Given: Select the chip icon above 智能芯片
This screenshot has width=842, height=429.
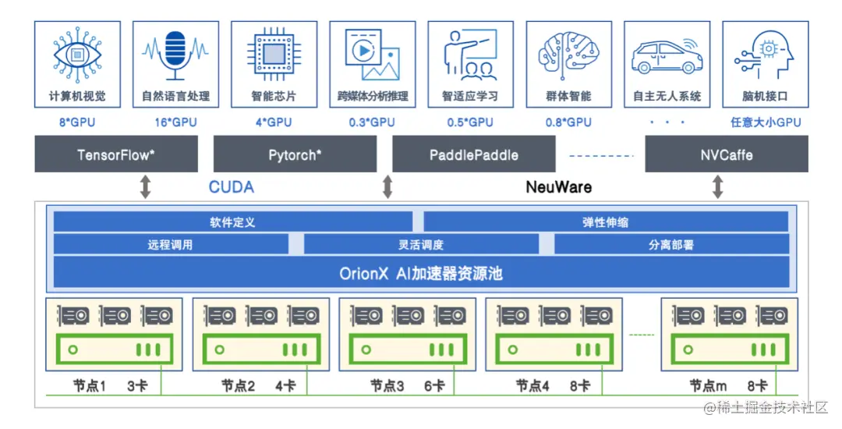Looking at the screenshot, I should [x=274, y=54].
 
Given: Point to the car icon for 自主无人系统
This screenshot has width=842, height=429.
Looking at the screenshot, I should [x=667, y=55].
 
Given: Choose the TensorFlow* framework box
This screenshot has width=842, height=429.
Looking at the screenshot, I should [x=116, y=154].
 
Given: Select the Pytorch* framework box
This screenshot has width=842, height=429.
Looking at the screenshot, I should [x=294, y=154].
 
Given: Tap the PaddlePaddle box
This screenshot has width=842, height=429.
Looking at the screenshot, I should [x=473, y=154].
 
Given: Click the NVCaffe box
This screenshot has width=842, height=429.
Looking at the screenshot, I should [x=726, y=154].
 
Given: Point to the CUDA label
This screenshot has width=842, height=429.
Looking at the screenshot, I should [x=231, y=187].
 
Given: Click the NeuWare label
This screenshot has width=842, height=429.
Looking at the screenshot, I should [x=558, y=187].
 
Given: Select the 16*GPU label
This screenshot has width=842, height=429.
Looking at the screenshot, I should [x=175, y=122].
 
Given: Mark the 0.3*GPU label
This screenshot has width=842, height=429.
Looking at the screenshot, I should [x=372, y=122].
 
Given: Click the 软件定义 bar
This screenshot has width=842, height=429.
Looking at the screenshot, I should [x=232, y=222].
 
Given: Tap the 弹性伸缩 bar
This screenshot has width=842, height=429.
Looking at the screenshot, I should [x=606, y=222].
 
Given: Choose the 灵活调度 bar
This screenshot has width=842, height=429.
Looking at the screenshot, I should [x=421, y=245].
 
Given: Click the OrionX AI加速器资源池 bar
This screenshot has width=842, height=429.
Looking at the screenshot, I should [x=421, y=274].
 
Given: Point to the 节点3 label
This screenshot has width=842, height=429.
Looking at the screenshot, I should [x=387, y=385].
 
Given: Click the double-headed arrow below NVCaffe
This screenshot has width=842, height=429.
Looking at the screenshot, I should [x=718, y=187].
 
